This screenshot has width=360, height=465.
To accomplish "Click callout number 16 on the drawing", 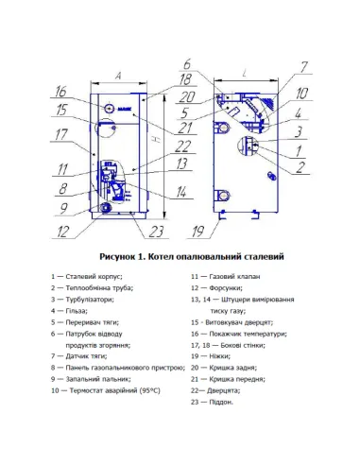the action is pyautogui.click(x=60, y=93).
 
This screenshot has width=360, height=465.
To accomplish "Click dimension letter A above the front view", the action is pyautogui.click(x=118, y=72).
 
